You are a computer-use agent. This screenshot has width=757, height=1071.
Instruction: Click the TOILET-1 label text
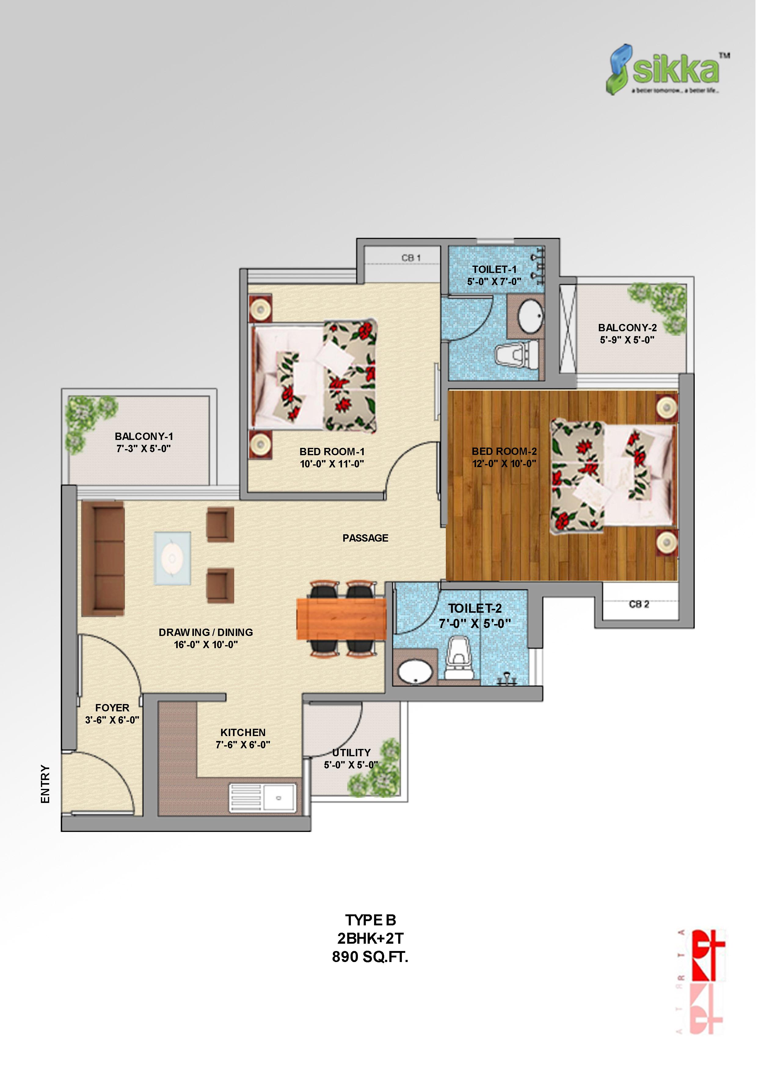[494, 270]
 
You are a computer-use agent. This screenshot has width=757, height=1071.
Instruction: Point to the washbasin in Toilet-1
[530, 317]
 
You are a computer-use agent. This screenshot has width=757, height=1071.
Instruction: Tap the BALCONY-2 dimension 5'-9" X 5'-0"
[627, 340]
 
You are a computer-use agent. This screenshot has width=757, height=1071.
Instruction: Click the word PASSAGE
[365, 538]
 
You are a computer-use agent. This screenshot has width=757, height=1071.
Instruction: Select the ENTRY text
[45, 784]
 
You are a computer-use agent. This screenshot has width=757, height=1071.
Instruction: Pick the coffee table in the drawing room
[172, 558]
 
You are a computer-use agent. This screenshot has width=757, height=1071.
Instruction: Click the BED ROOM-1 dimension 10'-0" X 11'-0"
[332, 464]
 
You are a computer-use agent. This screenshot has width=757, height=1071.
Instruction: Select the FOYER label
[112, 708]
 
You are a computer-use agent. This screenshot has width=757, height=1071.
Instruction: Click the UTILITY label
[351, 752]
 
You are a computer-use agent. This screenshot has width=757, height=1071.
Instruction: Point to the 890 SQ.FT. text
[370, 957]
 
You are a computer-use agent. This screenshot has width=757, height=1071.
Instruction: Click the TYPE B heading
[370, 920]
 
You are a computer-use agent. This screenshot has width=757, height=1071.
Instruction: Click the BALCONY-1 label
[144, 437]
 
